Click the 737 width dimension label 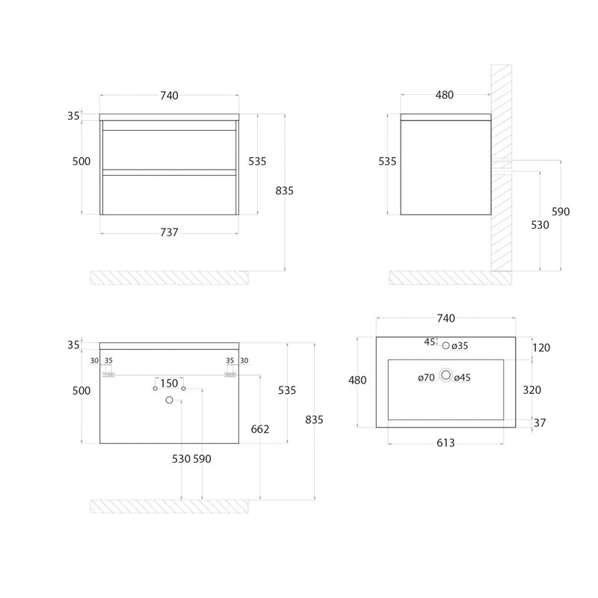click(169, 232)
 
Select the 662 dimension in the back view click(260, 429)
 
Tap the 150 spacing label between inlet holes click(169, 383)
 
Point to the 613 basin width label click(446, 443)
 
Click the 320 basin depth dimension click(531, 389)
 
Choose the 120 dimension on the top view click(541, 348)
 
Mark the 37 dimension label click(540, 422)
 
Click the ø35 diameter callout click(460, 346)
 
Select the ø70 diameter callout click(426, 377)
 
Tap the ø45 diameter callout click(462, 377)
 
